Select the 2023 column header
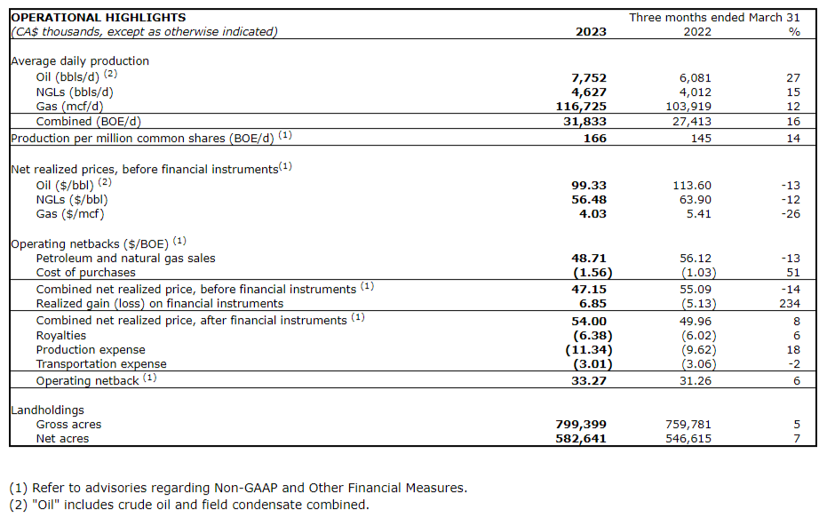point(592,32)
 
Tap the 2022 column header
point(696,32)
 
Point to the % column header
point(794,32)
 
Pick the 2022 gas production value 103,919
point(689,106)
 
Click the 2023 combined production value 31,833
point(584,121)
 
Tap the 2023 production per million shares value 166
point(595,138)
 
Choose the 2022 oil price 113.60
point(693,185)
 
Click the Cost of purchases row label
point(85,272)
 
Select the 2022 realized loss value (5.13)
point(692,303)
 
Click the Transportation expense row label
point(100,364)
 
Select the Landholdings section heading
point(47,410)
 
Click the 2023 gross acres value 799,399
point(581,425)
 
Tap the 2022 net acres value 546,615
point(688,439)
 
